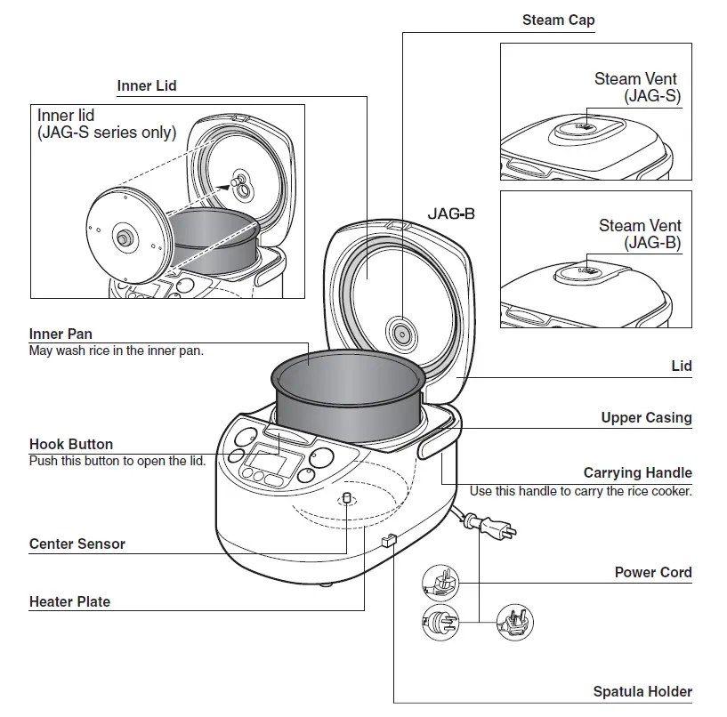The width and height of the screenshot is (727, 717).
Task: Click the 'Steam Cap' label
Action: point(558,20)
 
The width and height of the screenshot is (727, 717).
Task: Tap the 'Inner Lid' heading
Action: point(147,86)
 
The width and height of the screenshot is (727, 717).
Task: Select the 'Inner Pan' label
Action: point(61,334)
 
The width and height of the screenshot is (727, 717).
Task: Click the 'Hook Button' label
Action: point(71,445)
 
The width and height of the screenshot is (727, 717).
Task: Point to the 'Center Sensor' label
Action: point(77,544)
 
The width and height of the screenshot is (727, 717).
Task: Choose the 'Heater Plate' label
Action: point(69,601)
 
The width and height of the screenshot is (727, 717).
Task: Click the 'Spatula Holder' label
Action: point(642,691)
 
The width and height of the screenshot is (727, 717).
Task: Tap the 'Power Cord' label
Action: point(653,572)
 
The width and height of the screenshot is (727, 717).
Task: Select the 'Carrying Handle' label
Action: point(637,473)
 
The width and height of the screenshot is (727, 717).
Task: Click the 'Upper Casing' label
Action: point(646,417)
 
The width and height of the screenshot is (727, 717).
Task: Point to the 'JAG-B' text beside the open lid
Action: point(451,214)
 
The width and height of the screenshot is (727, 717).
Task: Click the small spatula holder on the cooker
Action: point(388,541)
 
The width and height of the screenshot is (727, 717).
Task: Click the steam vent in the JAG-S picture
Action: point(586,128)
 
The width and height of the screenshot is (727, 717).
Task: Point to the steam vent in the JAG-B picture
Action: point(586,268)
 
